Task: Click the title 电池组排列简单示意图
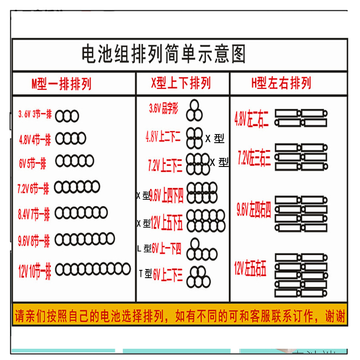coord(163,54)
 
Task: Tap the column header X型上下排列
coord(181,83)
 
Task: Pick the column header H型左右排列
coord(281,83)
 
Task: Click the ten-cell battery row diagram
coord(93,269)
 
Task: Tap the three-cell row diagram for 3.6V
coord(67,116)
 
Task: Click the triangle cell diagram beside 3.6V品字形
coord(194,110)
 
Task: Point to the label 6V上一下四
coord(166,249)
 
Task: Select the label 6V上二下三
coord(167,274)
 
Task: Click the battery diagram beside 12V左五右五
coord(301,274)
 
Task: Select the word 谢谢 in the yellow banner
coord(335,316)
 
